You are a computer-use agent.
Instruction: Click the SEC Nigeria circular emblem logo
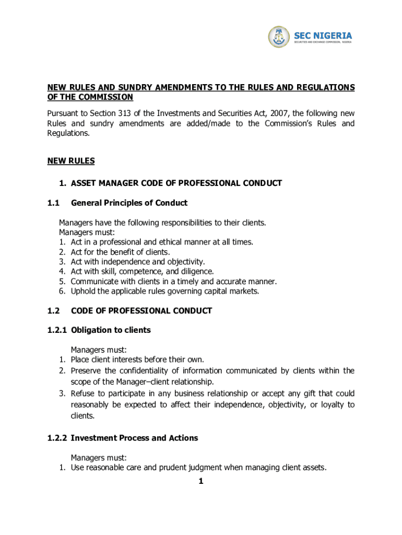pos(279,37)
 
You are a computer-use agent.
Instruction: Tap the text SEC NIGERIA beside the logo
pos(323,35)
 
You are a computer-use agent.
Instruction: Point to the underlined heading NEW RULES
pos(71,161)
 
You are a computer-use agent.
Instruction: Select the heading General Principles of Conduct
pos(129,203)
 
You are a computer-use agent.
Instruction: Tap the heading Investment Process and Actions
pos(134,438)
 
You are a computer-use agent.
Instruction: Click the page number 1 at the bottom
pos(200,482)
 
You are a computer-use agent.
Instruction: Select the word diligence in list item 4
pos(197,272)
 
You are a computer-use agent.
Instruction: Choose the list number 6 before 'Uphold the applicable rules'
pos(62,291)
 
